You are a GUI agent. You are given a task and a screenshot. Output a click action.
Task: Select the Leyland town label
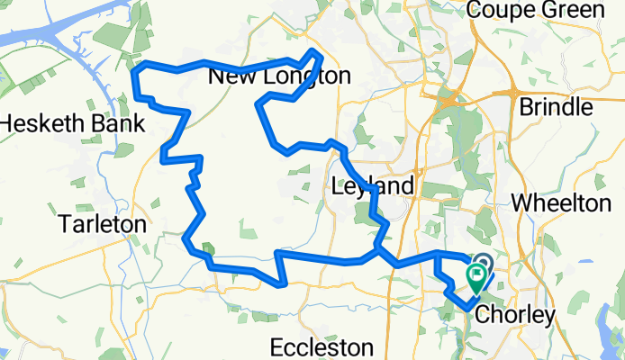[x=373, y=186]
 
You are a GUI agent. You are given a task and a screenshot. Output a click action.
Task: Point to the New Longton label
[x=279, y=77]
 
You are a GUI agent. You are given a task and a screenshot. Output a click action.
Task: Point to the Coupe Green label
[x=547, y=11]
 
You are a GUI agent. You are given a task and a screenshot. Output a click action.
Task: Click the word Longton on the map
[x=303, y=77]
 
